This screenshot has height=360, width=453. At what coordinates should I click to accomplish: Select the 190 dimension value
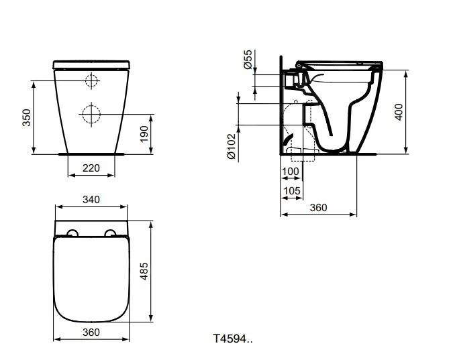tap(144, 134)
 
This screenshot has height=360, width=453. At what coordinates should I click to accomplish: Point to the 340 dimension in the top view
tap(91, 199)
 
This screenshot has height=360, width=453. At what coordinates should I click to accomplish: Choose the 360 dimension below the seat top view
tap(91, 333)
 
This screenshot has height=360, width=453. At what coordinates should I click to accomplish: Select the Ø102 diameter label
tap(232, 145)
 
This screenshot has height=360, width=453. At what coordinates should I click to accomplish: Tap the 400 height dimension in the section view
tap(399, 112)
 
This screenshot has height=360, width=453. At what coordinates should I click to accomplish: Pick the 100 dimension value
tap(291, 172)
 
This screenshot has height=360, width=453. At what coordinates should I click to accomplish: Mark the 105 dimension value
tap(291, 191)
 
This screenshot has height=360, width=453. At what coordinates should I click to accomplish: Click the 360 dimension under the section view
tap(318, 208)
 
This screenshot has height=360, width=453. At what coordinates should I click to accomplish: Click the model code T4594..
tap(233, 339)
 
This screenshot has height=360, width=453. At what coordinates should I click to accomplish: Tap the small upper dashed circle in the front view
tap(91, 81)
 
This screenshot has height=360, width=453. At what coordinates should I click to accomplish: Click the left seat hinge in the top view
tap(70, 233)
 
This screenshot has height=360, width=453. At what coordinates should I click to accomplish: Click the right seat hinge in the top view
tap(111, 233)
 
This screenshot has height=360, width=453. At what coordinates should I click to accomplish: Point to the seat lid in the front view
tap(91, 64)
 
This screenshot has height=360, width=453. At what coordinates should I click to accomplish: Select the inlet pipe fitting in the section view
tap(291, 79)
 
